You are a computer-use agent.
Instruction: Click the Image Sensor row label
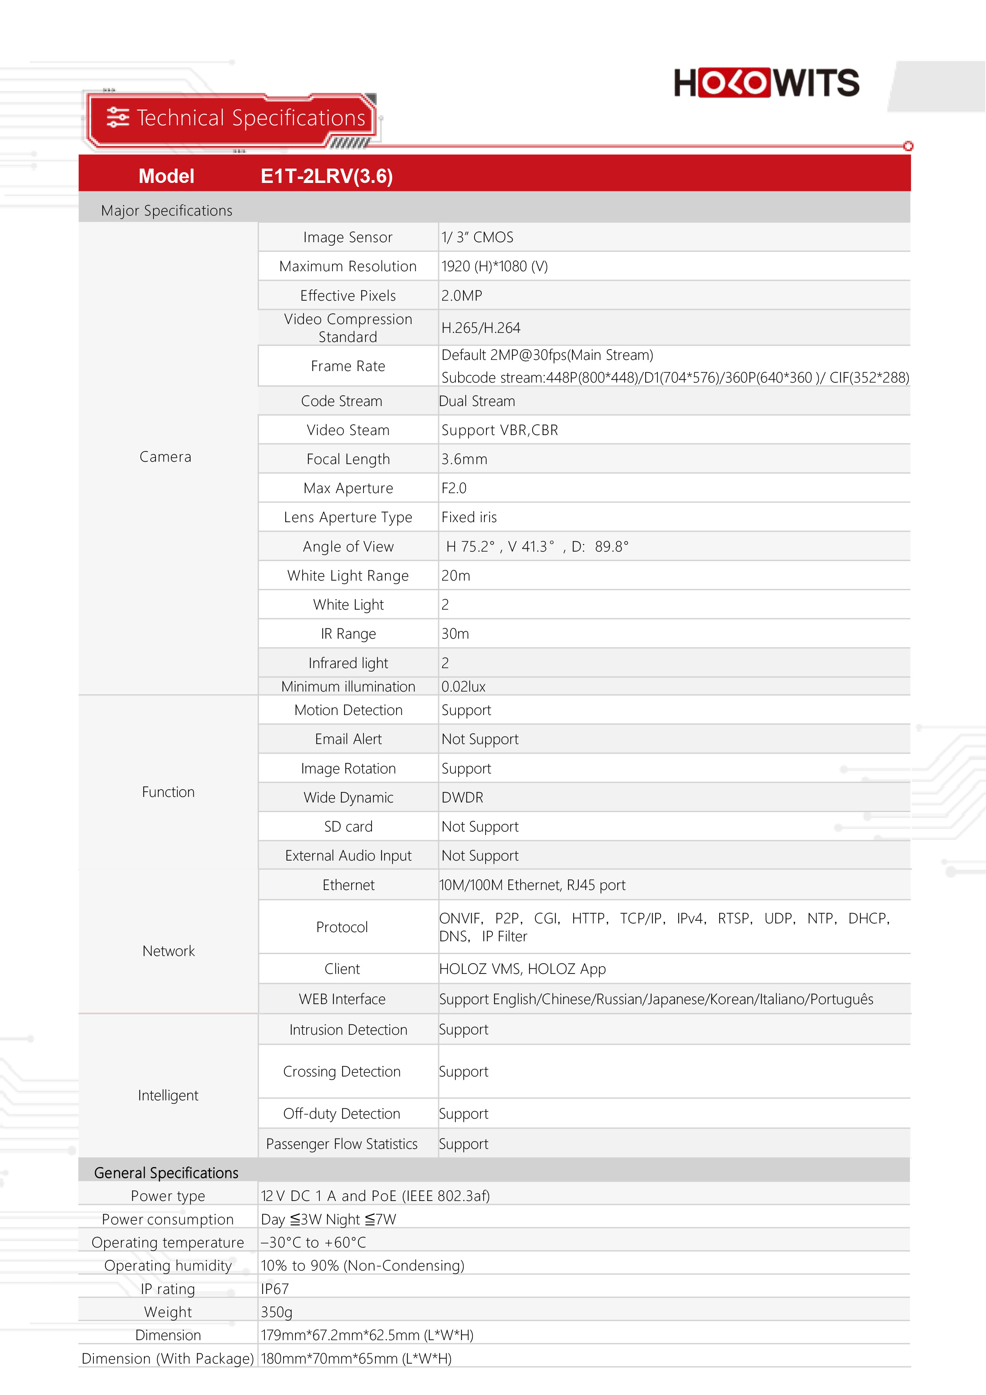point(348,237)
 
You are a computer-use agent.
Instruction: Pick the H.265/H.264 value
point(480,328)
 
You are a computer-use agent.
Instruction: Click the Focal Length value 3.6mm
point(464,459)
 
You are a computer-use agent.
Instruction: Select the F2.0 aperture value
point(454,488)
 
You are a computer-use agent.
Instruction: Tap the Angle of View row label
point(348,547)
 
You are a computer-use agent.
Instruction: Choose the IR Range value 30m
point(455,634)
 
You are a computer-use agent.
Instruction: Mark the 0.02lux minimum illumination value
point(463,686)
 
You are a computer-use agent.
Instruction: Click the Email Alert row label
point(348,739)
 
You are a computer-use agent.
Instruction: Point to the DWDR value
point(462,798)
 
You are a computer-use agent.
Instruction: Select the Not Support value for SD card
point(480,827)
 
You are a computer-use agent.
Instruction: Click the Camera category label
point(165,457)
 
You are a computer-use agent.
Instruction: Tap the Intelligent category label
point(168,1096)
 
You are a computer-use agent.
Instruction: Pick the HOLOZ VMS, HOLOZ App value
point(523,969)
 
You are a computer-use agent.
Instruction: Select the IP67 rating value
point(274,1289)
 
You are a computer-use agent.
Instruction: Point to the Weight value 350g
point(276,1312)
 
